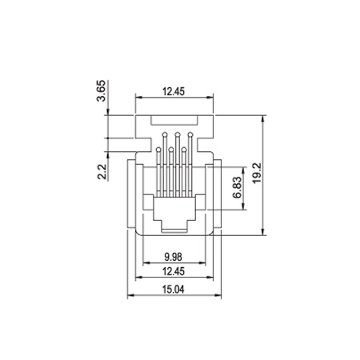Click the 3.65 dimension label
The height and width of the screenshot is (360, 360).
pos(102,90)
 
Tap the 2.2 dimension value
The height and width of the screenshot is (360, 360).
pos(102,171)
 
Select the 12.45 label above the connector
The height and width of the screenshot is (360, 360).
pos(174,91)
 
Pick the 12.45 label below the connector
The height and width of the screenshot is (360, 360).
pos(174,271)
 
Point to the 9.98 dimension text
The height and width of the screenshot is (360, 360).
pos(174,257)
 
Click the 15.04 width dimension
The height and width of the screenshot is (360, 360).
pos(174,289)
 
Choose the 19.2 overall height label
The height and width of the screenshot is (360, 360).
pos(257,173)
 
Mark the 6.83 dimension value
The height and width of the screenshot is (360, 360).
pos(238,187)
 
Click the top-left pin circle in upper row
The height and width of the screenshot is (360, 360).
pos(165,134)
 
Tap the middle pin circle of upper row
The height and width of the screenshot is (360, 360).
pos(178,134)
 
